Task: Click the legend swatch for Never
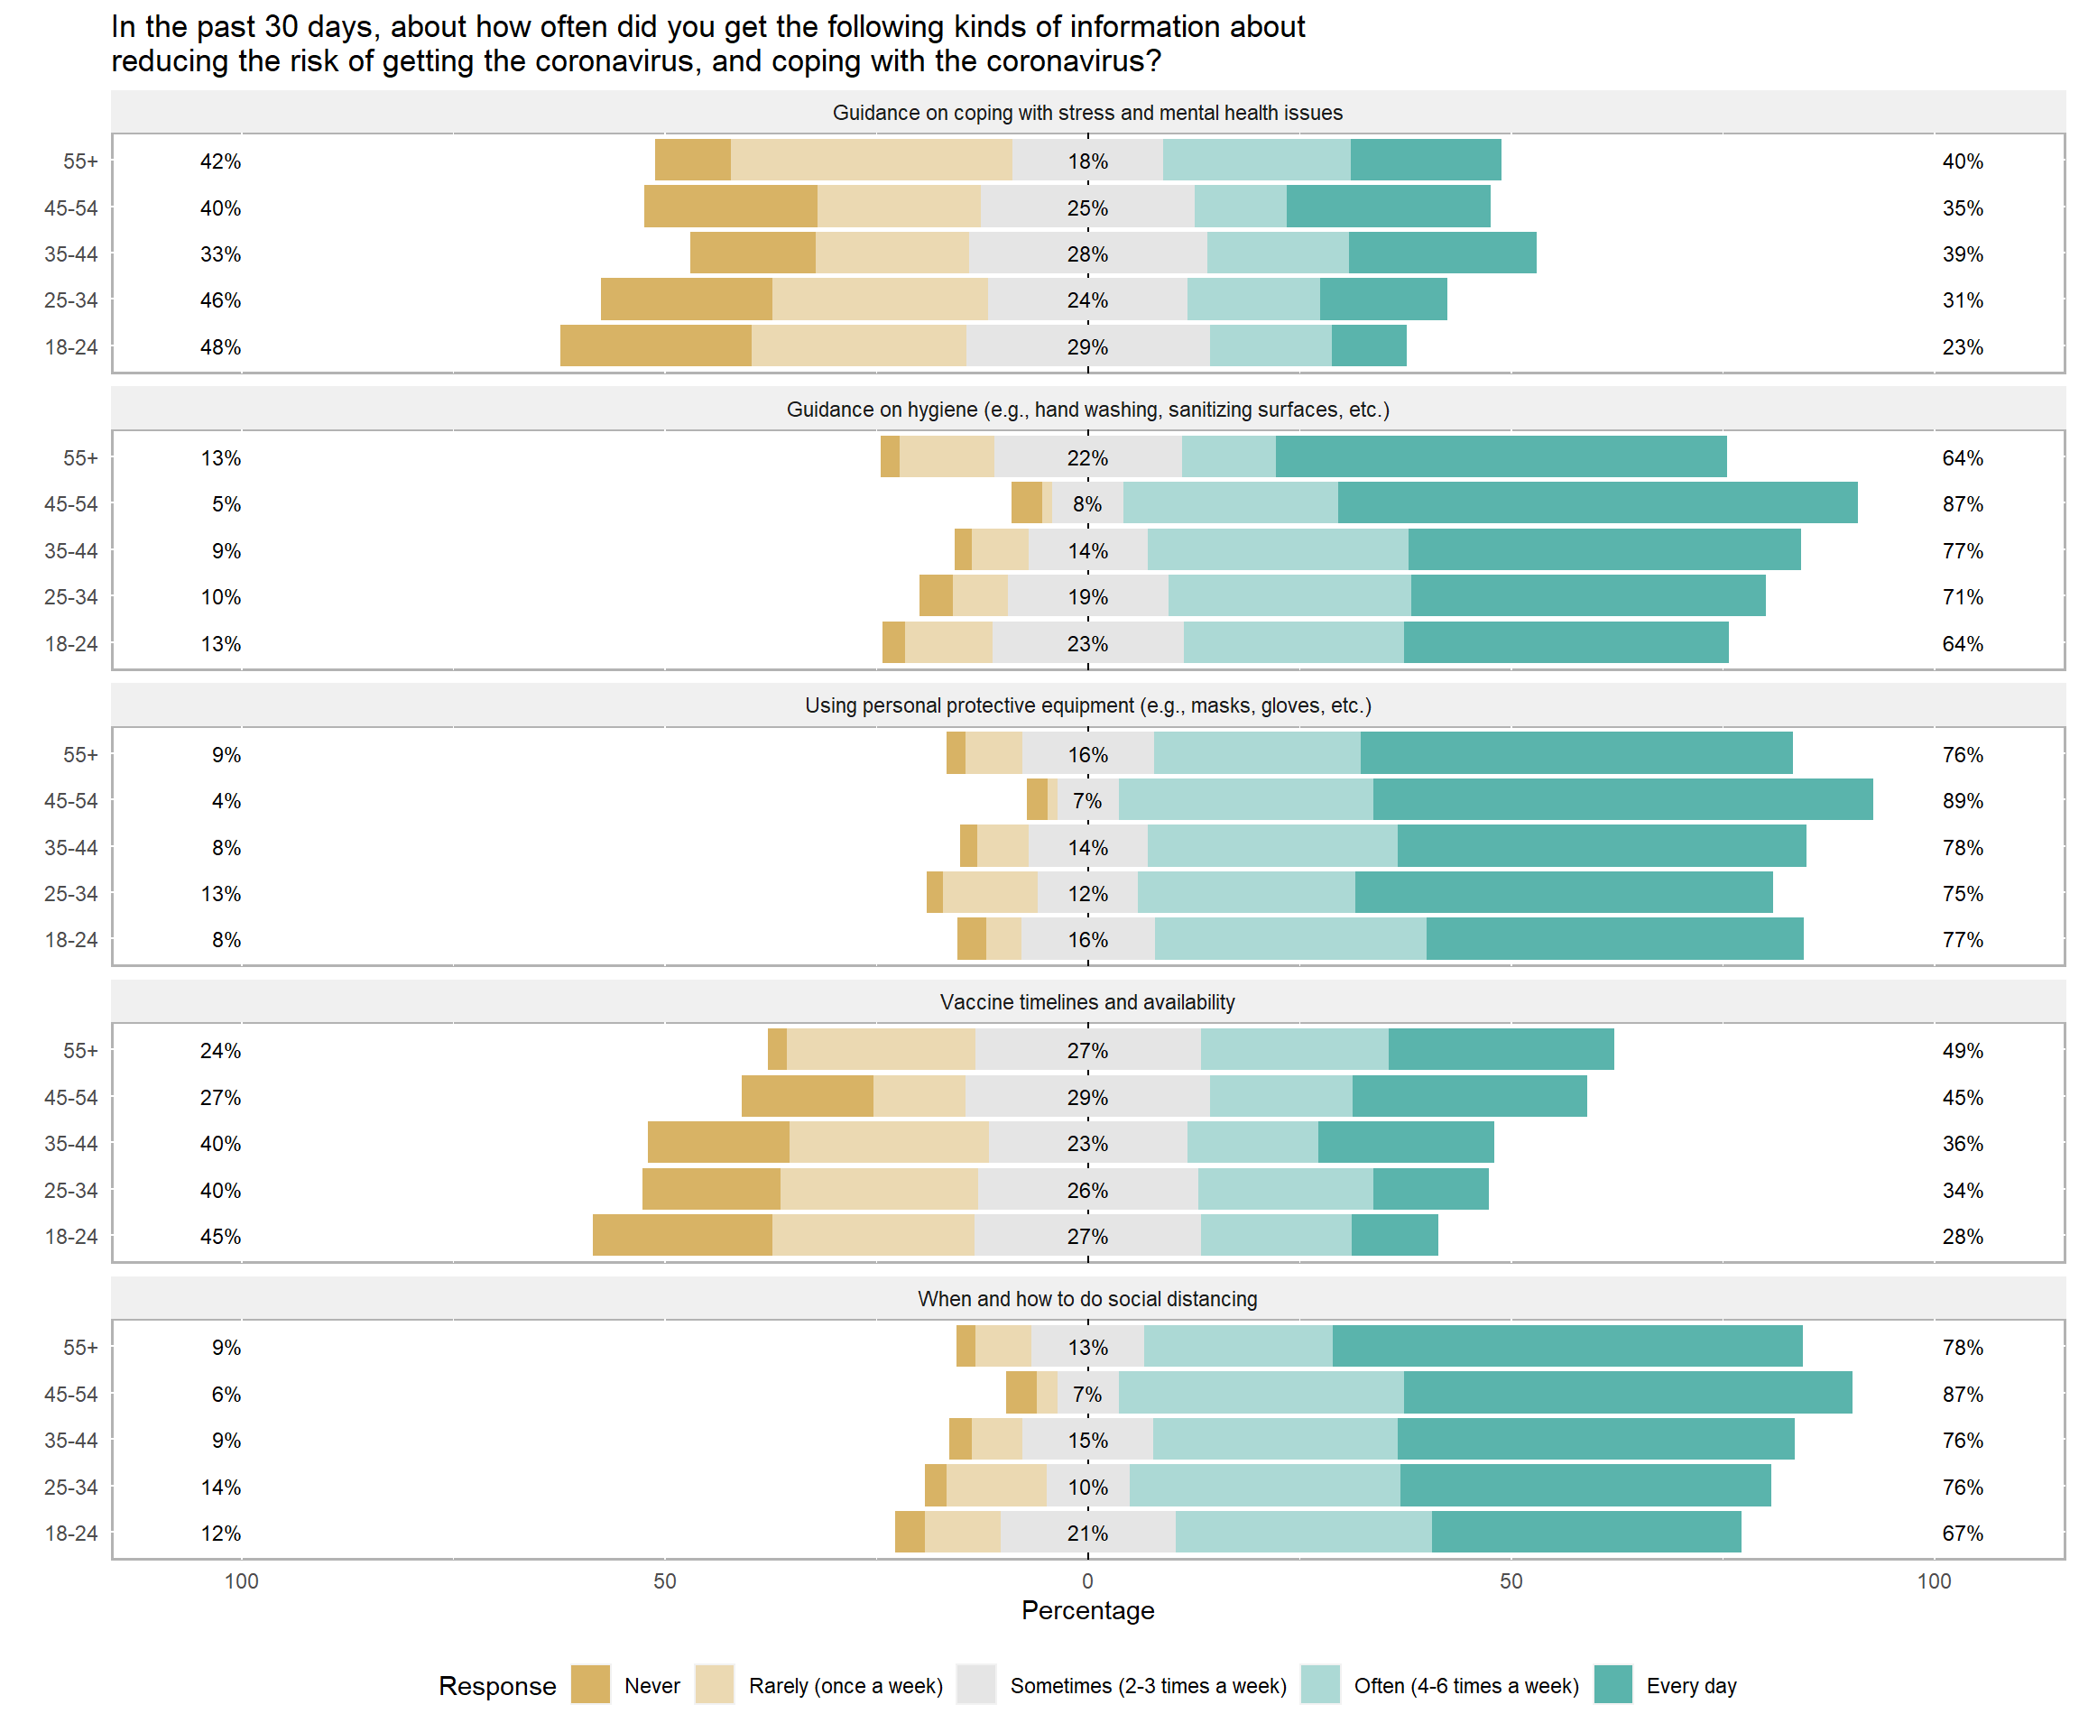[x=590, y=1684]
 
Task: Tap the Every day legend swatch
[x=1612, y=1684]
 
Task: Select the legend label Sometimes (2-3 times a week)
[x=1148, y=1685]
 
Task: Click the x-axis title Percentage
[x=1087, y=1610]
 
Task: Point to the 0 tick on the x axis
[x=1087, y=1580]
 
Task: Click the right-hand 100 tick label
[x=1934, y=1580]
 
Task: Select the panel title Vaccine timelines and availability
[x=1087, y=1001]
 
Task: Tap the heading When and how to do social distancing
[x=1087, y=1298]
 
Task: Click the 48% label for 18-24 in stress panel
[x=220, y=347]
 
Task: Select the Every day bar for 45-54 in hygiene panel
[x=1597, y=502]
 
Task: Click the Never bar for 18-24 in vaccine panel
[x=682, y=1235]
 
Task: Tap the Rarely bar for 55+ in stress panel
[x=871, y=161]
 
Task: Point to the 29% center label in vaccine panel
[x=1087, y=1098]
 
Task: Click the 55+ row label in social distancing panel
[x=80, y=1347]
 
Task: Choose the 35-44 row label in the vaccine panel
[x=70, y=1143]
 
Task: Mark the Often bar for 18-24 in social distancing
[x=1303, y=1532]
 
